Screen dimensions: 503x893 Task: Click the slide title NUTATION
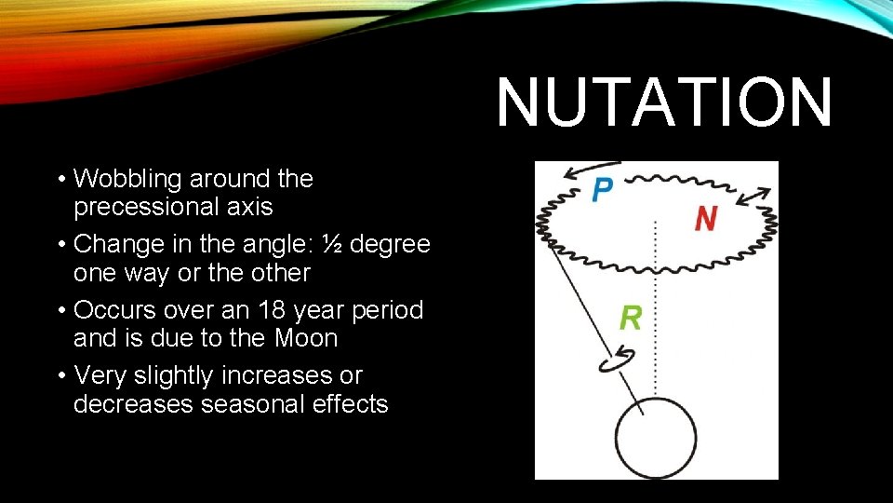tap(664, 102)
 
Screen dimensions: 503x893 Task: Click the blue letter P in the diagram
tap(602, 190)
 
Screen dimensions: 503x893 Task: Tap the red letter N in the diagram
tap(706, 218)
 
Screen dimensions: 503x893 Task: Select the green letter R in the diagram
tap(630, 318)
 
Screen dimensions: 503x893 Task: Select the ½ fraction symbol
tap(330, 244)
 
